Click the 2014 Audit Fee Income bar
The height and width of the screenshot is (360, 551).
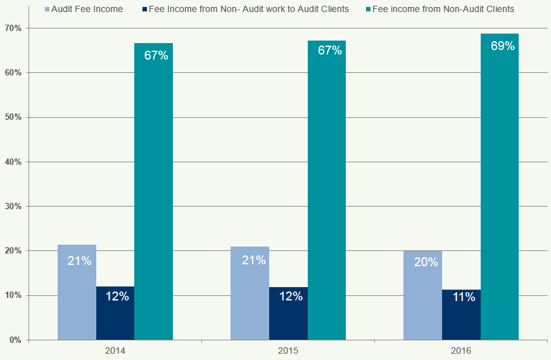[77, 292]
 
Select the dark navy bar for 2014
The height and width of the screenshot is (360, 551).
[115, 313]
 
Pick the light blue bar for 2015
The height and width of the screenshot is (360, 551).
[250, 293]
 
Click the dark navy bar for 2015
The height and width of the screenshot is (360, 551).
[288, 313]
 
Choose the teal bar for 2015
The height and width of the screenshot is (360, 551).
[327, 190]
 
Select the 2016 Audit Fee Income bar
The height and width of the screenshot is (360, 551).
[422, 295]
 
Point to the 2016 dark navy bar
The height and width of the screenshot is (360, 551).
[461, 314]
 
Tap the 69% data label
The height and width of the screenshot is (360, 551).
[502, 46]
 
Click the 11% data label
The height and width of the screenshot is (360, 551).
[464, 297]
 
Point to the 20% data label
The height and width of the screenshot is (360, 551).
[426, 262]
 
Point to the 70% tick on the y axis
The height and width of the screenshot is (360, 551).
[13, 29]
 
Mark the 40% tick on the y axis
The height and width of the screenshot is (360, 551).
[13, 162]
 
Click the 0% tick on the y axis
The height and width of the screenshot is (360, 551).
[15, 340]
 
